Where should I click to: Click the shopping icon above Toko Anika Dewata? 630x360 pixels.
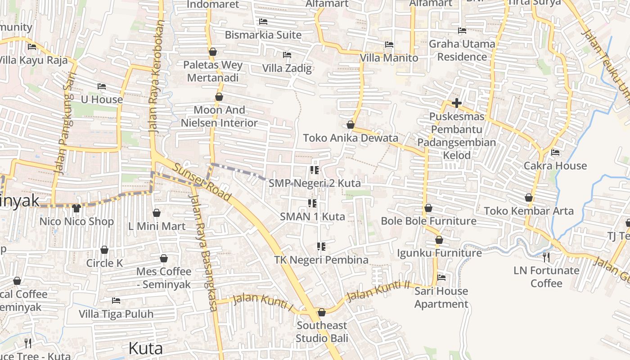[x=351, y=125]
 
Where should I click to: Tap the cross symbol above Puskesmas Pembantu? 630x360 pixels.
[x=456, y=103]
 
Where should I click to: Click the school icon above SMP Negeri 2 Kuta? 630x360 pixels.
[x=315, y=170]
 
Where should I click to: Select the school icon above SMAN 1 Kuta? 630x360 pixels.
[x=312, y=203]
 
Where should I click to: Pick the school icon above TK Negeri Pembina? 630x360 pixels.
[x=321, y=247]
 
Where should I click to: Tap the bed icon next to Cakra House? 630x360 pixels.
[x=555, y=153]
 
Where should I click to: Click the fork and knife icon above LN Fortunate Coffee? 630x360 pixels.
[x=546, y=257]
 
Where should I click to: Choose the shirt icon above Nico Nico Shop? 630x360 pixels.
[x=76, y=208]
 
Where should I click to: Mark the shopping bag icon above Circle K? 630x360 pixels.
[x=104, y=250]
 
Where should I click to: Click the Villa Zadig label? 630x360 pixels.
[x=287, y=68]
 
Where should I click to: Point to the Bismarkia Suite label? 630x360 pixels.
[x=263, y=35]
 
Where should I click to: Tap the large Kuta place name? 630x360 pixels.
[x=145, y=348]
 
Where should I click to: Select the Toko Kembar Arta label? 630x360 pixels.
[x=529, y=211]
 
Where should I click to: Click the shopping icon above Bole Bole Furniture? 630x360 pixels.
[x=428, y=208]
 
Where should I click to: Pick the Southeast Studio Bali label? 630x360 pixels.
[x=322, y=332]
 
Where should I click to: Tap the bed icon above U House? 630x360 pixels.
[x=102, y=86]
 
